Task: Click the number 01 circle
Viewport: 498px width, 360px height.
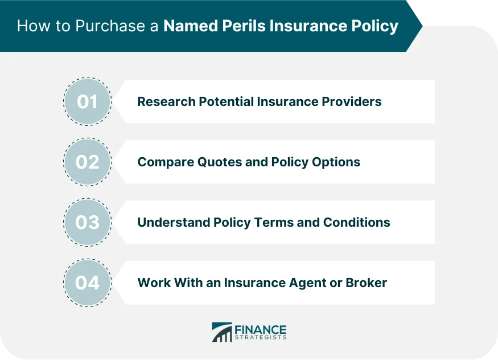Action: pyautogui.click(x=88, y=102)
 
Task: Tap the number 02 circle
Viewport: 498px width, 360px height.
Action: pyautogui.click(x=88, y=162)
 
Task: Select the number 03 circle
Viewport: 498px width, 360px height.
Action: pyautogui.click(x=88, y=222)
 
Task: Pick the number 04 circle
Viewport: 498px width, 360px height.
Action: pyautogui.click(x=88, y=283)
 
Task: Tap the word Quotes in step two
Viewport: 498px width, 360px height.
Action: pyautogui.click(x=212, y=162)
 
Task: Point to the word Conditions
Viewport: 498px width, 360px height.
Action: pyautogui.click(x=357, y=222)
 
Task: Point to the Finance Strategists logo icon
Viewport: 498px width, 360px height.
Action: pyautogui.click(x=222, y=332)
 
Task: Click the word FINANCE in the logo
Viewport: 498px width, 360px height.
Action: pyautogui.click(x=261, y=329)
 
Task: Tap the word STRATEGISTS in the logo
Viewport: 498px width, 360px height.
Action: pyautogui.click(x=261, y=337)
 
